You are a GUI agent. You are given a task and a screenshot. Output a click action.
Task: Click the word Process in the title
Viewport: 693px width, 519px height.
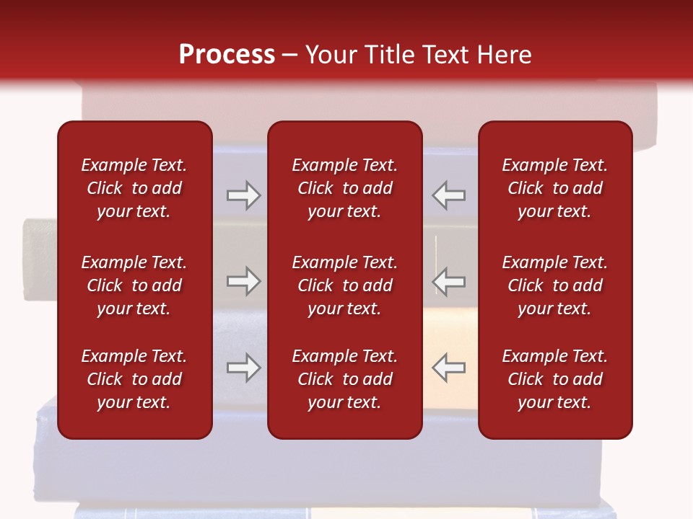point(227,55)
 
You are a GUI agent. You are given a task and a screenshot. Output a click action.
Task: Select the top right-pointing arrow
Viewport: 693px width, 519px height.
point(243,195)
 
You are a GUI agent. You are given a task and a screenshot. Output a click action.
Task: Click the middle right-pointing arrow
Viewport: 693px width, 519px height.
point(243,281)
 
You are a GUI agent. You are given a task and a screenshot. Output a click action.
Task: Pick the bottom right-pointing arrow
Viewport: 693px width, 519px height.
point(243,368)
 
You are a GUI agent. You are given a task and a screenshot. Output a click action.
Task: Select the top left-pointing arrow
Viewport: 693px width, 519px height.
point(448,195)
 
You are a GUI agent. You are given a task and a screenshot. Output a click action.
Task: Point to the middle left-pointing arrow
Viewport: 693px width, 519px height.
point(448,281)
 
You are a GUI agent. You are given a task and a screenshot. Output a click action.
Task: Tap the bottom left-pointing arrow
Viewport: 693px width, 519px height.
point(448,368)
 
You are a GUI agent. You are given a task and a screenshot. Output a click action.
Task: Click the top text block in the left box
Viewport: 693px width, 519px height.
point(134,188)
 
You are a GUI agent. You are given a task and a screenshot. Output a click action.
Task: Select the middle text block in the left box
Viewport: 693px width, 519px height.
point(134,285)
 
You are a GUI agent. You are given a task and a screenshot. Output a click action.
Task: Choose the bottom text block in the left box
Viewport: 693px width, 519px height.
point(134,379)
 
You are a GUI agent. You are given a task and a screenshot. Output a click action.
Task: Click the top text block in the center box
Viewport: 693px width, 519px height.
point(344,188)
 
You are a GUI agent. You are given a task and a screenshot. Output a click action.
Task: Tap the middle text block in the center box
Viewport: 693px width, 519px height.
point(344,285)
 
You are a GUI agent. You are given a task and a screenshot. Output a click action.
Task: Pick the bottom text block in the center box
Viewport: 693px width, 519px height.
point(344,379)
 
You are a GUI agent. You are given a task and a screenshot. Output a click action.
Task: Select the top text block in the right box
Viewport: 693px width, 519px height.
point(554,188)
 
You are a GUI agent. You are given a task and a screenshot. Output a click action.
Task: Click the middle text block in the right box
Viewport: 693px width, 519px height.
point(554,285)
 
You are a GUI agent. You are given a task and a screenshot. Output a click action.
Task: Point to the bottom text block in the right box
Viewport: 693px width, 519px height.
point(554,379)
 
